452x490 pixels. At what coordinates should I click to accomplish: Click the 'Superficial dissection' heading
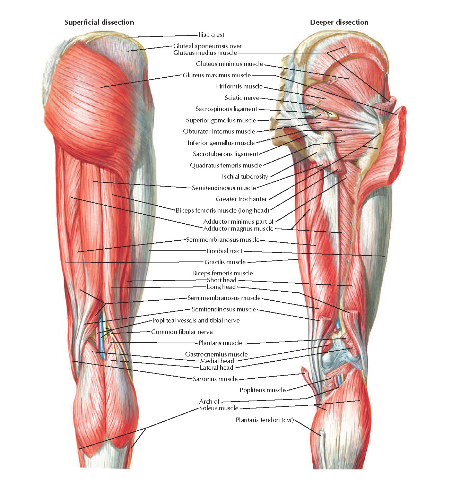[x=99, y=23]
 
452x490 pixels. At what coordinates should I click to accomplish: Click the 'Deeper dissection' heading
[x=339, y=23]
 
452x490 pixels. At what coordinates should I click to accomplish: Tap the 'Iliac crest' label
[x=211, y=35]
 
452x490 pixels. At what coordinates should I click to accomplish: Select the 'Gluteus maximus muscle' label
[x=217, y=75]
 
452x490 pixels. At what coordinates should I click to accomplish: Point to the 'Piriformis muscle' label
[x=239, y=86]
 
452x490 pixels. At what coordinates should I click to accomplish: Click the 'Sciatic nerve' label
[x=242, y=98]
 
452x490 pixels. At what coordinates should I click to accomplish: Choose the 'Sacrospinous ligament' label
[x=226, y=109]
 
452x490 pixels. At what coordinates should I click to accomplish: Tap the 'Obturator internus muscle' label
[x=219, y=131]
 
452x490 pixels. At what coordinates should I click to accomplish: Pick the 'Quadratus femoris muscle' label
[x=226, y=165]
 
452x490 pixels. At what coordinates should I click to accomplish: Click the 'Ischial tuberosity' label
[x=245, y=177]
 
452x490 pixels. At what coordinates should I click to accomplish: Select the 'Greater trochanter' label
[x=241, y=199]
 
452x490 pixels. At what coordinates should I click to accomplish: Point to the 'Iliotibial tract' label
[x=224, y=251]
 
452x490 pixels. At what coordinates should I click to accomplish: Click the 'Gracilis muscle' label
[x=225, y=262]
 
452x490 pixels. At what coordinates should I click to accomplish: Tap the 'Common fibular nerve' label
[x=182, y=332]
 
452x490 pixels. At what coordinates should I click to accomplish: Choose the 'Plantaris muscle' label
[x=220, y=343]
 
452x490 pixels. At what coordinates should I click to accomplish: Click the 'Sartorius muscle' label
[x=215, y=379]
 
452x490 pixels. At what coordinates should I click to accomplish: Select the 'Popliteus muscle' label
[x=262, y=390]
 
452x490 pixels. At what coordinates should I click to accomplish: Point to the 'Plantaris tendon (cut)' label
[x=264, y=420]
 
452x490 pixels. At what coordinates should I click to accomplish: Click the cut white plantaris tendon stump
[x=322, y=434]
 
